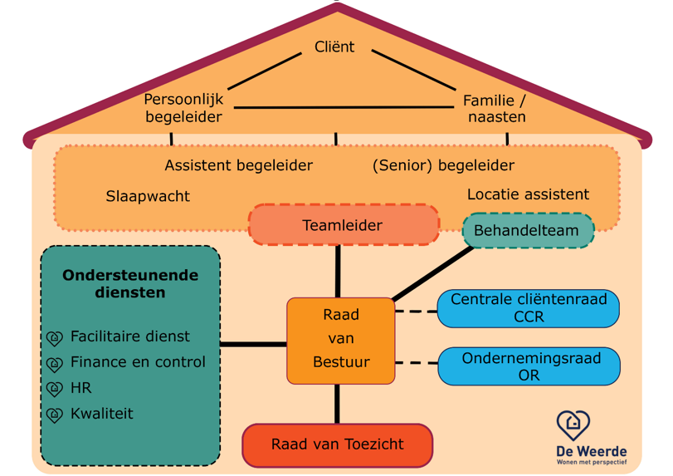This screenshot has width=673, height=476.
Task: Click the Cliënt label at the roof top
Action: (x=334, y=47)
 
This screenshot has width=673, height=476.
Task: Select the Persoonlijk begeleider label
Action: (x=183, y=109)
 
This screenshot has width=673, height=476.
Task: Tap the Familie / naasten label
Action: (x=495, y=109)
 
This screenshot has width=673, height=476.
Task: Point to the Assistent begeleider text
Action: (x=238, y=166)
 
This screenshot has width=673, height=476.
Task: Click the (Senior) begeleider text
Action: (x=443, y=166)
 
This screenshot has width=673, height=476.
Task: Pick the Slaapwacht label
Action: (x=148, y=197)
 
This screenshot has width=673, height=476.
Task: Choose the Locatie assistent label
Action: (x=528, y=195)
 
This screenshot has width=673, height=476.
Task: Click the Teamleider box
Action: (x=344, y=225)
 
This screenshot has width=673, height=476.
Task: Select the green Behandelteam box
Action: (x=528, y=231)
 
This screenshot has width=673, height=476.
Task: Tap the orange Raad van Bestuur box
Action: (x=340, y=340)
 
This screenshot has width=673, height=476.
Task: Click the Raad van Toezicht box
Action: (x=337, y=445)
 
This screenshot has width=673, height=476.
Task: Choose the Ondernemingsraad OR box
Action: (x=528, y=366)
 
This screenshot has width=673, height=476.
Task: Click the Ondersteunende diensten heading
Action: (x=130, y=283)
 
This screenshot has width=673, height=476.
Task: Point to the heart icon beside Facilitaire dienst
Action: (x=55, y=338)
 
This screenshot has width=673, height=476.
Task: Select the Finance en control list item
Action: (x=138, y=362)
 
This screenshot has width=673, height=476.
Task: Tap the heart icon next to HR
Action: (x=55, y=390)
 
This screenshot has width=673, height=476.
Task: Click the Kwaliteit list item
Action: (x=102, y=414)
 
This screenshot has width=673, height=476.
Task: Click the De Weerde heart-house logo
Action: (x=573, y=425)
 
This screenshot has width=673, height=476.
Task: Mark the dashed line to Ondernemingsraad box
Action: (x=416, y=362)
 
